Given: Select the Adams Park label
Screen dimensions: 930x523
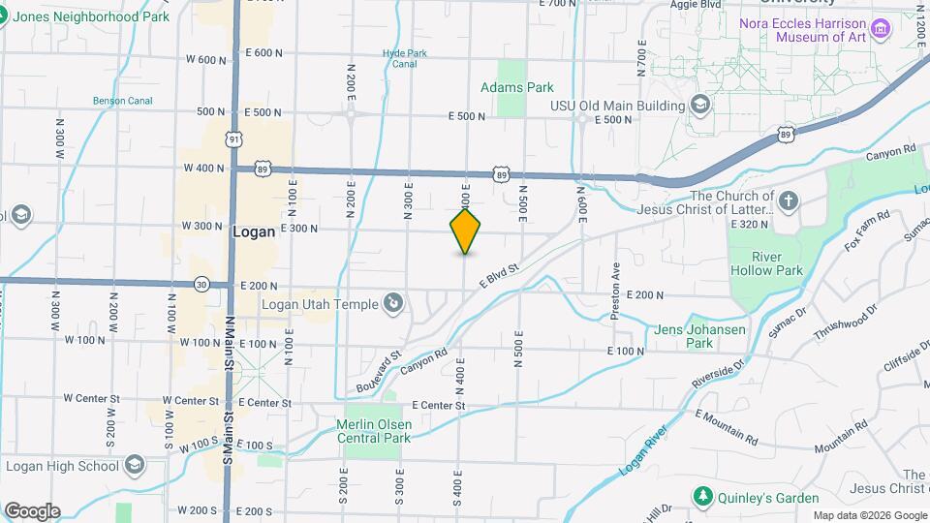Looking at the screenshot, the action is point(517,87).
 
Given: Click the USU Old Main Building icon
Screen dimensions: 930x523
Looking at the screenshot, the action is point(700,105).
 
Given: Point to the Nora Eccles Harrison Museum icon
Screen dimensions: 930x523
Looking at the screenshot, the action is point(880,28).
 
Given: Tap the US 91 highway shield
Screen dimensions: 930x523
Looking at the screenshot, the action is point(233,140).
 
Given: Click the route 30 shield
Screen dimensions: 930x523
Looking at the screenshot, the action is point(201,284).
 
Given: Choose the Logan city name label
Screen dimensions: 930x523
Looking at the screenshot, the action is point(254,232).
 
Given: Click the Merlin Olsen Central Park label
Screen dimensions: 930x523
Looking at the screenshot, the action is point(372,431).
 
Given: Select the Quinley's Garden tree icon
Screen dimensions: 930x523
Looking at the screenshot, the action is point(702,497).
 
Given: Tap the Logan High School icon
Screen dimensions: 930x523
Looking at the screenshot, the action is point(133,466).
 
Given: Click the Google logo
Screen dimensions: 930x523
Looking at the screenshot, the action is point(32,510).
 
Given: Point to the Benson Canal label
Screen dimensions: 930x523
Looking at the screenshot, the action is point(117,100).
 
